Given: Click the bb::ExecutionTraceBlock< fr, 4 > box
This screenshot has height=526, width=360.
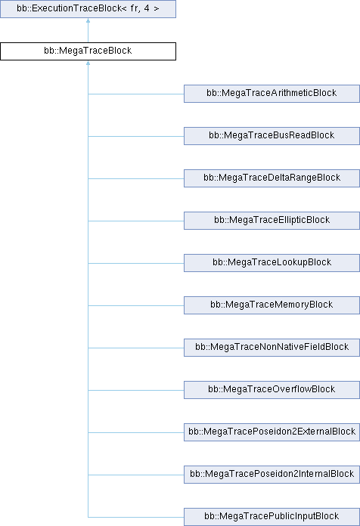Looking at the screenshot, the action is [88, 9].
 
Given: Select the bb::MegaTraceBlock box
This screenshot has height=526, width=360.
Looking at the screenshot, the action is [88, 51].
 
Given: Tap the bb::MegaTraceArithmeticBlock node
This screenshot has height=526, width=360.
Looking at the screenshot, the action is [272, 94].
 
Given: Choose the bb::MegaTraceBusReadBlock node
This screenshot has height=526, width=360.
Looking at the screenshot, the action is [272, 136].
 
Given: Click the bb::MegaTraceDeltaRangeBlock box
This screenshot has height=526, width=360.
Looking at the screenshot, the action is [272, 178].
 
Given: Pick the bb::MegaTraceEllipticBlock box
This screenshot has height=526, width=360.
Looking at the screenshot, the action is [272, 221].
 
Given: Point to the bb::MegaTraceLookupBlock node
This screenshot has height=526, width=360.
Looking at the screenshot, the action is [272, 263].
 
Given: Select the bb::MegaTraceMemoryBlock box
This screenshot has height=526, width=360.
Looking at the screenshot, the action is [272, 305].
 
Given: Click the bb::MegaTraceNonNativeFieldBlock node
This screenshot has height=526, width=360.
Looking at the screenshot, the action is [272, 347].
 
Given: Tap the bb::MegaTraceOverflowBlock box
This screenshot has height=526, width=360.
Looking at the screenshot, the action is [272, 389].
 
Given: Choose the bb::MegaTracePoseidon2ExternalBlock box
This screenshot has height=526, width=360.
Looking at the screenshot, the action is [272, 432].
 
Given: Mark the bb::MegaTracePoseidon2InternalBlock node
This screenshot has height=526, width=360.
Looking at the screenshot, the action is [272, 475].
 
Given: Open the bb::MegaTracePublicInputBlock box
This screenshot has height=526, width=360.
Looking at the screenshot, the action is [272, 517].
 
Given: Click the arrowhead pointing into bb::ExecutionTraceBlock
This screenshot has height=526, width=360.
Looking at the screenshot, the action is [88, 20].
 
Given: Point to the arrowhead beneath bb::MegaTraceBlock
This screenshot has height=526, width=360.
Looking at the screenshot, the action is [88, 63].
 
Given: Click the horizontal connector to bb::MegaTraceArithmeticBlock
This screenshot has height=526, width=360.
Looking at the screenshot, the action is [136, 94].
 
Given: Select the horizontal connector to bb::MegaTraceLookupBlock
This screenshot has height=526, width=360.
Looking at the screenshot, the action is [136, 263].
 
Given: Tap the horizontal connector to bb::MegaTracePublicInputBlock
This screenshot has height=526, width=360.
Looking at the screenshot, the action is [136, 517].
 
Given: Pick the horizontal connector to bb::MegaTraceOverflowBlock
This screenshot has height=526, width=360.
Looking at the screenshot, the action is [136, 390].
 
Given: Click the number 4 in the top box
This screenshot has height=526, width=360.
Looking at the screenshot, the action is [147, 8].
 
